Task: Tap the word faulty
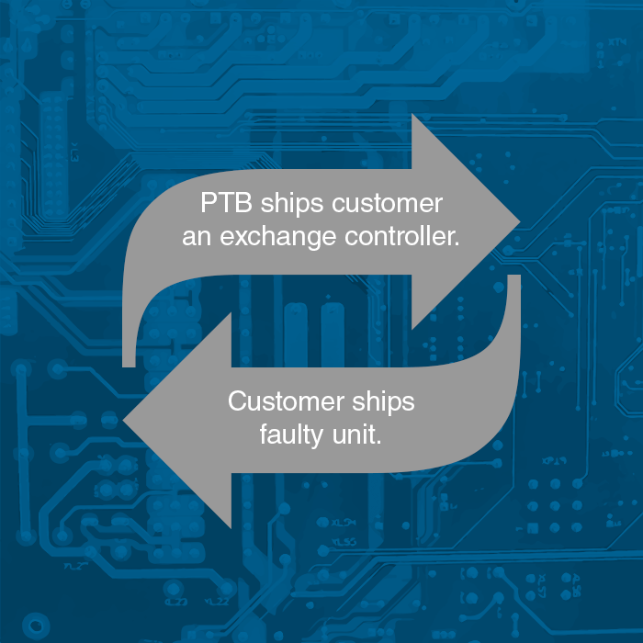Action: coord(291,434)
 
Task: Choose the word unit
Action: coord(355,434)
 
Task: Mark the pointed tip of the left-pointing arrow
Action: coord(124,422)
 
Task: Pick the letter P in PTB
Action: coord(209,203)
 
